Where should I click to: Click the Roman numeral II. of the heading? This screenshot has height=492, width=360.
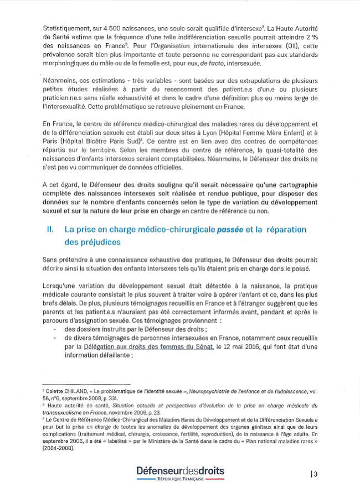coord(50,229)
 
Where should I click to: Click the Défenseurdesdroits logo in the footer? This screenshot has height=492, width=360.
coord(181,470)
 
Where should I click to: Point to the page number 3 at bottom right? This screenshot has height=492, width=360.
coord(315,474)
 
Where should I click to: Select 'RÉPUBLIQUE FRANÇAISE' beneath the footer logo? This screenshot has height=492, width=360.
coord(181,479)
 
